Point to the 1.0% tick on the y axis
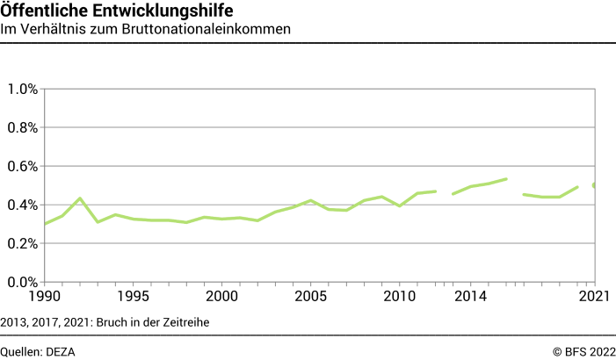(22, 89)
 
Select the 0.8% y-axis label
(22, 127)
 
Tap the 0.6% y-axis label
(22, 166)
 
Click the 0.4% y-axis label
(22, 205)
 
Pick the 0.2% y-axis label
(22, 243)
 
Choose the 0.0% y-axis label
(22, 282)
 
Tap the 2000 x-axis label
(221, 297)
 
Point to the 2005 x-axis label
(310, 297)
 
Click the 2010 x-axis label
(399, 297)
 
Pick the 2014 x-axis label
(470, 297)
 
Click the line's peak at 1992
(80, 198)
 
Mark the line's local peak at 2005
(310, 200)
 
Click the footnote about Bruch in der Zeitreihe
(105, 321)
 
